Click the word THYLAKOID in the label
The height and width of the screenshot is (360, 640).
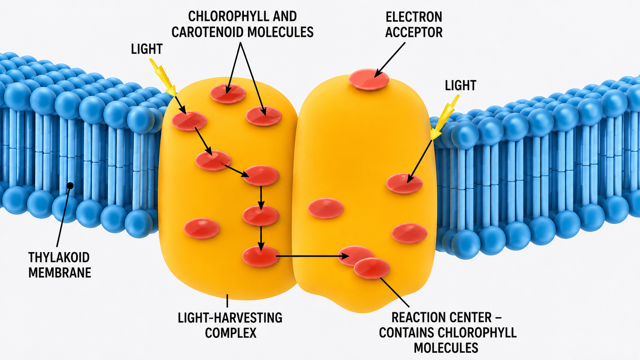tap(59, 257)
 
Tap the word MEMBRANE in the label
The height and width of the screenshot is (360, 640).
tap(60, 273)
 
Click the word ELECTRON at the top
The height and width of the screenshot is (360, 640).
tap(414, 17)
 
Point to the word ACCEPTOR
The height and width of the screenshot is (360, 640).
tap(414, 32)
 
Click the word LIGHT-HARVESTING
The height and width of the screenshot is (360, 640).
tap(230, 318)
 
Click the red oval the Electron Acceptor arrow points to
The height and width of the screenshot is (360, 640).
tap(369, 79)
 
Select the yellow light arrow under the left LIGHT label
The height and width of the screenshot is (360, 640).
tap(163, 77)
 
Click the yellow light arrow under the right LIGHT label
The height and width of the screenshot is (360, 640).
tap(445, 117)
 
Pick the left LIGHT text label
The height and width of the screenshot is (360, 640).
tap(147, 49)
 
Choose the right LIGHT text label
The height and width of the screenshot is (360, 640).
tap(460, 85)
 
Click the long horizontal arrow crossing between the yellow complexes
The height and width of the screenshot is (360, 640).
tap(312, 256)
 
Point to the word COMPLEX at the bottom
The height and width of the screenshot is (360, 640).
tap(230, 333)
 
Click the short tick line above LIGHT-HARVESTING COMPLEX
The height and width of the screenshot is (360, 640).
tap(227, 301)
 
